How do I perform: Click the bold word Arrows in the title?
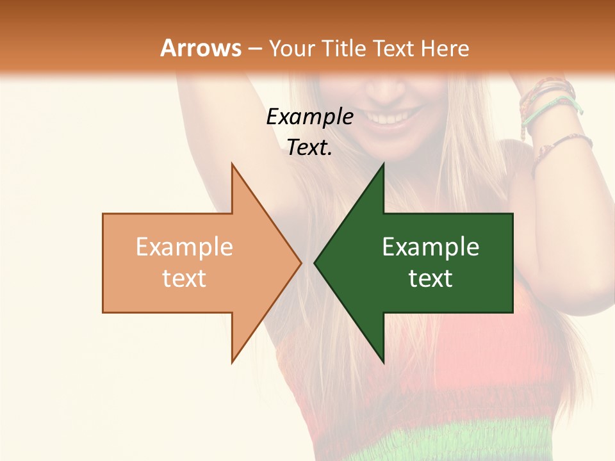pos(201,48)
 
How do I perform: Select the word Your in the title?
pos(290,48)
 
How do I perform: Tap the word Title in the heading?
pos(343,48)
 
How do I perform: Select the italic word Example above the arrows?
pos(309,117)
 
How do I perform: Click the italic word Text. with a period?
pos(309,148)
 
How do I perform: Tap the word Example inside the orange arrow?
pos(184,247)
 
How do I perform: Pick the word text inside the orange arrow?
pos(184,279)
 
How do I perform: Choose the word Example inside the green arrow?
pos(430,247)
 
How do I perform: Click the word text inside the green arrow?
pos(430,279)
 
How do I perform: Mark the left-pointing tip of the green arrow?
pos(315,263)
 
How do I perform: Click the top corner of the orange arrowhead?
pos(232,165)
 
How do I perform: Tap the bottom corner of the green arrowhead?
pos(383,362)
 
